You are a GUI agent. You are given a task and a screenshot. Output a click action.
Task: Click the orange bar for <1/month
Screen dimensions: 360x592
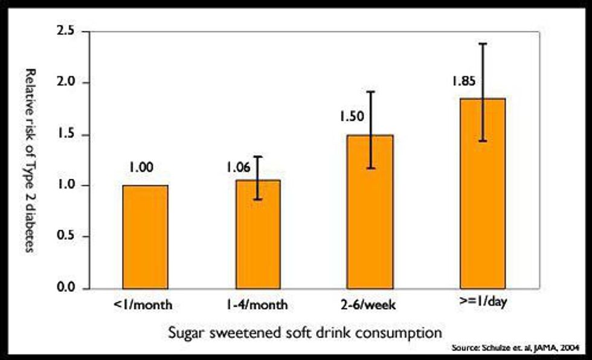click(x=145, y=237)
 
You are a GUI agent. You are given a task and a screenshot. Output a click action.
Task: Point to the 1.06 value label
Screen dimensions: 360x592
click(x=239, y=167)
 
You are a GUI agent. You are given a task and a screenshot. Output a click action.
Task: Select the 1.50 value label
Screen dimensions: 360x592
click(x=351, y=117)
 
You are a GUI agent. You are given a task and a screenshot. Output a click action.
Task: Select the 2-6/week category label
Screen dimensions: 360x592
click(x=370, y=304)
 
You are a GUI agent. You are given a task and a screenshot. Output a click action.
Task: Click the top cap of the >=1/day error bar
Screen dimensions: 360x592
click(x=482, y=43)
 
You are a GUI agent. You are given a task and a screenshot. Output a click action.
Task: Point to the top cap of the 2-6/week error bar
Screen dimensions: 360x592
click(x=370, y=91)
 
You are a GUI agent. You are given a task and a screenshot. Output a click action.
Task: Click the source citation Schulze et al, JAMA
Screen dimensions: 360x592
click(x=518, y=349)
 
